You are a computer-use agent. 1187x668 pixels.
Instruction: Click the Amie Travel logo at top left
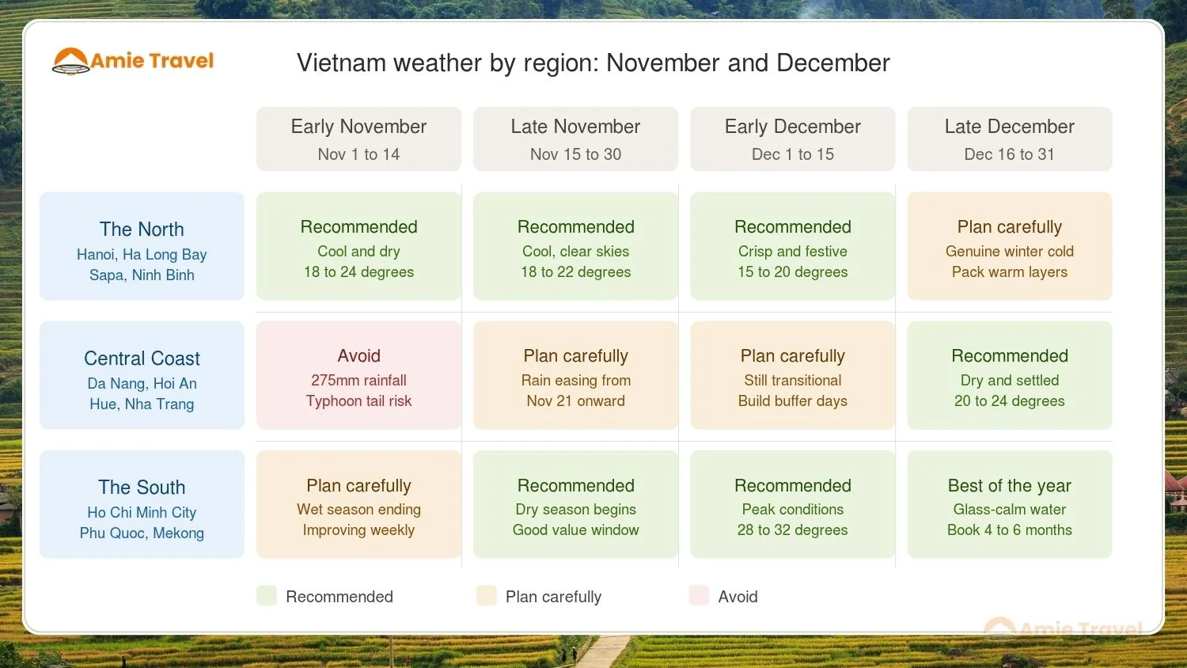[x=133, y=61]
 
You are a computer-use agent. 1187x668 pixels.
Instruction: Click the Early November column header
[x=358, y=139]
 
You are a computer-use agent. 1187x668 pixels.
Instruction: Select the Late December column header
[x=1009, y=139]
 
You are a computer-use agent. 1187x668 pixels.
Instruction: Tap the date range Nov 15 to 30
[x=575, y=154]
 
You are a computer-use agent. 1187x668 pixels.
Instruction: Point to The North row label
[x=142, y=246]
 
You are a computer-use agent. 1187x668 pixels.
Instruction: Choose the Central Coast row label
[x=142, y=375]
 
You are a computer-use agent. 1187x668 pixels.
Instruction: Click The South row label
[x=142, y=504]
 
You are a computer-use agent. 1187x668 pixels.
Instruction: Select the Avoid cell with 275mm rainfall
[x=358, y=375]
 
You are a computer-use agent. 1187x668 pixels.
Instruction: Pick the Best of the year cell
[x=1009, y=504]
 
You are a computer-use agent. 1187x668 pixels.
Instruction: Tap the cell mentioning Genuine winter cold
[x=1009, y=246]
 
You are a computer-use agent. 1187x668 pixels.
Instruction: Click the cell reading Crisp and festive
[x=792, y=246]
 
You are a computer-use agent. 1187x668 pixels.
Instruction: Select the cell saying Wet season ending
[x=358, y=504]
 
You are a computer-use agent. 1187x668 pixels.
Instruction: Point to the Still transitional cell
[x=792, y=375]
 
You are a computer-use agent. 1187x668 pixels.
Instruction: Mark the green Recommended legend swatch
[x=267, y=596]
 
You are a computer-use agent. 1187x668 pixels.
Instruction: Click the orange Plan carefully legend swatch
[x=486, y=596]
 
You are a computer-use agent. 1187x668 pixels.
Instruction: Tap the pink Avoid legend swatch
[x=699, y=596]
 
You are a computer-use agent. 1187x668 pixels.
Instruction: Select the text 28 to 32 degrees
[x=792, y=530]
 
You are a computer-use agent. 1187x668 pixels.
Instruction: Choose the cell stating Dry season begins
[x=575, y=504]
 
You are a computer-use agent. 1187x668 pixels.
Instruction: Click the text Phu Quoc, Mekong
[x=142, y=533]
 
